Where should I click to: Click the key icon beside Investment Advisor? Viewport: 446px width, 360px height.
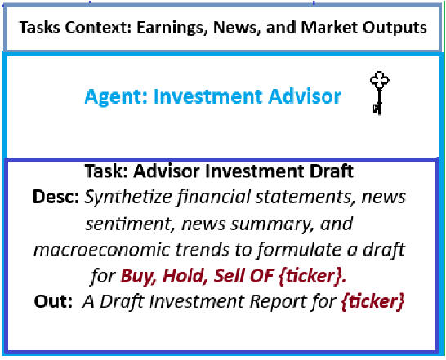[380, 93]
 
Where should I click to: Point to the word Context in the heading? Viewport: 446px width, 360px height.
[98, 28]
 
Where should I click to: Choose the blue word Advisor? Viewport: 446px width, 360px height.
[305, 96]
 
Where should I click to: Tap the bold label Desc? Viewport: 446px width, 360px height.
[56, 197]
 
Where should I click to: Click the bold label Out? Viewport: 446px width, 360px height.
[53, 301]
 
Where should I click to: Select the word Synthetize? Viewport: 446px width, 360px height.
[128, 197]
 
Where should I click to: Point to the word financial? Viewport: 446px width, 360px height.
[214, 197]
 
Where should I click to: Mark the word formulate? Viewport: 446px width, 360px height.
[299, 250]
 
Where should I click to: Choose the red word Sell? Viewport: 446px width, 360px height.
[229, 275]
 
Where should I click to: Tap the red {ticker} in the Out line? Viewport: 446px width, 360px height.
[372, 301]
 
